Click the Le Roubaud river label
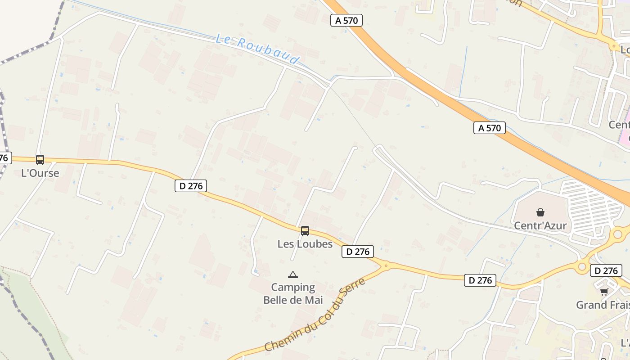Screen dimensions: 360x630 tap(257, 49)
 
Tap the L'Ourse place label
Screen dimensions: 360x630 tap(40, 173)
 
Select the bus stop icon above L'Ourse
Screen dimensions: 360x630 tap(40, 159)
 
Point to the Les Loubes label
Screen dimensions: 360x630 tap(305, 244)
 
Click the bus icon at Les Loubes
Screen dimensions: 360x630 tap(305, 231)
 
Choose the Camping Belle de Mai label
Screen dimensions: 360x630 tap(293, 293)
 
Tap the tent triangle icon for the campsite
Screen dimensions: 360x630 tap(293, 274)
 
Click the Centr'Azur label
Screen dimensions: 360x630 tap(540, 225)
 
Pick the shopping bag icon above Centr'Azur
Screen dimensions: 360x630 tap(540, 212)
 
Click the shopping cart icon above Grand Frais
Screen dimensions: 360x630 tap(604, 292)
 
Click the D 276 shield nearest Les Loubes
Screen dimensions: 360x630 tap(358, 252)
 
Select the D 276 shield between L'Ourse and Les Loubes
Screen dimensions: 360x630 tap(191, 185)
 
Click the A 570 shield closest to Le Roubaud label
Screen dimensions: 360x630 tap(346, 20)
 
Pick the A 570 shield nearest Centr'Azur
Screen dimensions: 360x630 tap(490, 128)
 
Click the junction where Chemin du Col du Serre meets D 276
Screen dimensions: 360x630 tap(386, 265)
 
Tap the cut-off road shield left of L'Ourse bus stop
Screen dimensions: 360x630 tap(4, 158)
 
